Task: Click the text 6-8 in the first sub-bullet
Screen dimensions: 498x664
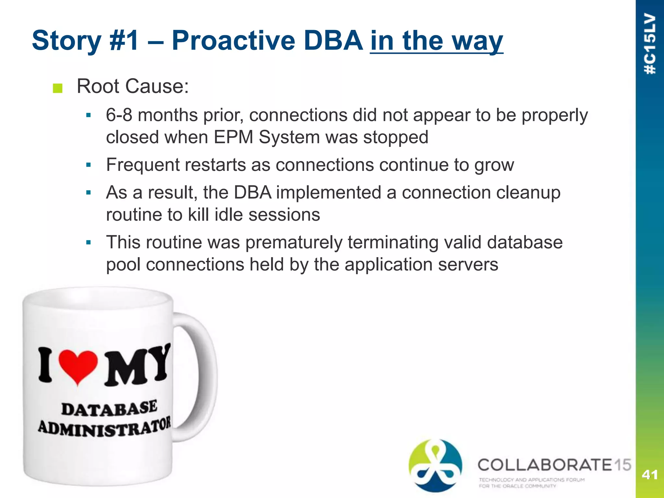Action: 119,115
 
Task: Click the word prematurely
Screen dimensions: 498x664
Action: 294,243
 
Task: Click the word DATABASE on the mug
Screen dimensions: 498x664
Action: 109,409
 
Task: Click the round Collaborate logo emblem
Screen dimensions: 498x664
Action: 435,466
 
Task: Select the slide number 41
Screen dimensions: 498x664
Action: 649,475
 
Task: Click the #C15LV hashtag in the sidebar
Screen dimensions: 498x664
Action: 650,44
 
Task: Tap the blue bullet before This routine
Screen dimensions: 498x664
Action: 89,243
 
